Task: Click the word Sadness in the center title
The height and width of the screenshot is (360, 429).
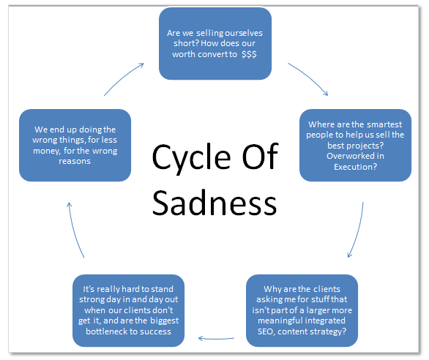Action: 214,202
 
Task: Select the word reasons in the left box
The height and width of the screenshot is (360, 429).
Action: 75,161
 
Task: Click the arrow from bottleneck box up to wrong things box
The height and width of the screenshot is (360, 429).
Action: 77,230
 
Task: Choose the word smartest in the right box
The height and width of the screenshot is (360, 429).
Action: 367,124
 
